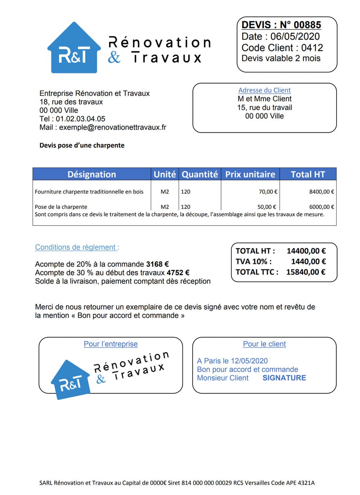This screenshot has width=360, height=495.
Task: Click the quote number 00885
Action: (307, 25)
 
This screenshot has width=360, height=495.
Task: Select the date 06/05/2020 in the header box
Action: (295, 36)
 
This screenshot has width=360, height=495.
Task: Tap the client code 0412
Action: (312, 48)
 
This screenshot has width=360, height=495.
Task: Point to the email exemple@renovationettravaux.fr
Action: (113, 127)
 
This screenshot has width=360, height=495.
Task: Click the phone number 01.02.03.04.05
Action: (80, 119)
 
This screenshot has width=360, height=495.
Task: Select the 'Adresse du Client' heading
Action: (264, 90)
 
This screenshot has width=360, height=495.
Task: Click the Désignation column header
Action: (91, 174)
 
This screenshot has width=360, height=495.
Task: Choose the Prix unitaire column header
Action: (250, 174)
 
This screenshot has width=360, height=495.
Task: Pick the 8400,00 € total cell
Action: (321, 192)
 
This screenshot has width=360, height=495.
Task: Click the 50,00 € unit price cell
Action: (267, 207)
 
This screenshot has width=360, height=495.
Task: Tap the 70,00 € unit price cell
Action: (268, 192)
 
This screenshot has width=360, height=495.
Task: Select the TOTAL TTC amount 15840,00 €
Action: (306, 272)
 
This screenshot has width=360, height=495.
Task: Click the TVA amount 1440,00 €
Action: (308, 262)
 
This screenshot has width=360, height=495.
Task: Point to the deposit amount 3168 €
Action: (157, 264)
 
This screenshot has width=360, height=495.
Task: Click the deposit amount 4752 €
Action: (178, 273)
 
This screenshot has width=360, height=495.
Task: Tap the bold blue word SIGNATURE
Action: (284, 378)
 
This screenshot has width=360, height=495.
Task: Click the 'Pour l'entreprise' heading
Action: (111, 344)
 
